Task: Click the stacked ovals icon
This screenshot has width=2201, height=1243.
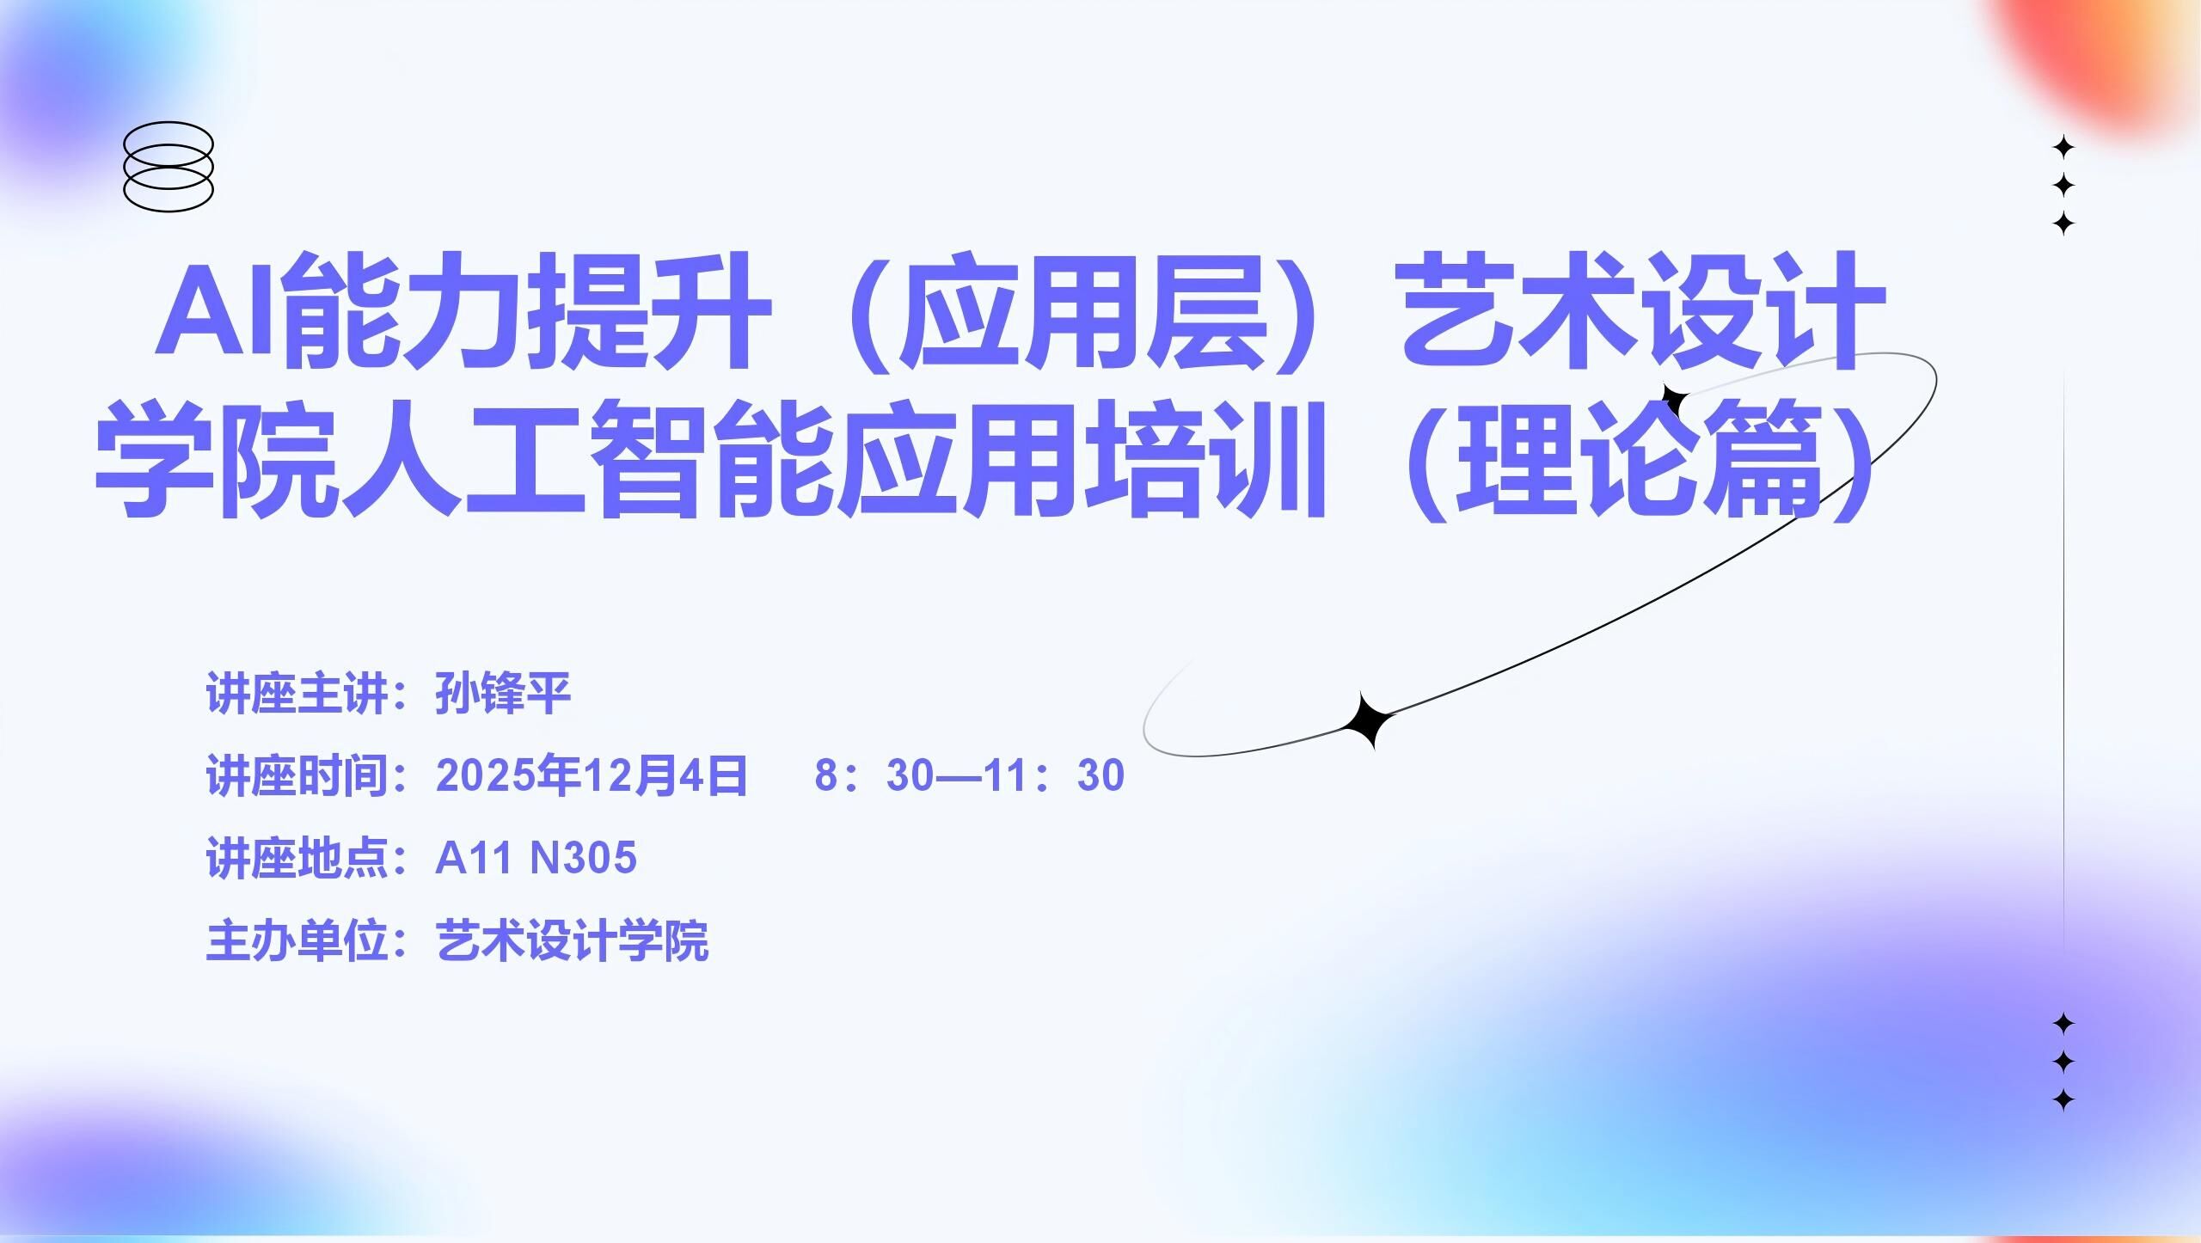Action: point(169,167)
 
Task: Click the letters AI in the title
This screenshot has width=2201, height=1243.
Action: point(215,308)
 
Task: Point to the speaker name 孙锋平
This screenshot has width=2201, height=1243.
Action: point(503,693)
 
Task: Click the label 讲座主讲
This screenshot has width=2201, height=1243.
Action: point(297,693)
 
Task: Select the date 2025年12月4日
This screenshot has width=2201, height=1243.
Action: point(592,775)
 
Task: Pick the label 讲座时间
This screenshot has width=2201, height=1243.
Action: point(297,775)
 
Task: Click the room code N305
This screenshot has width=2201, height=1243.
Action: point(585,858)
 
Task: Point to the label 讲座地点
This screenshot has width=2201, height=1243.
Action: point(297,858)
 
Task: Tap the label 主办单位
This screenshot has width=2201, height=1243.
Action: point(297,940)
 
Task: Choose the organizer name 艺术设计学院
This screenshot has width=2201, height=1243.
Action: point(573,940)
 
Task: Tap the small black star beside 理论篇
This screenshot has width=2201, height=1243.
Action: point(1673,401)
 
